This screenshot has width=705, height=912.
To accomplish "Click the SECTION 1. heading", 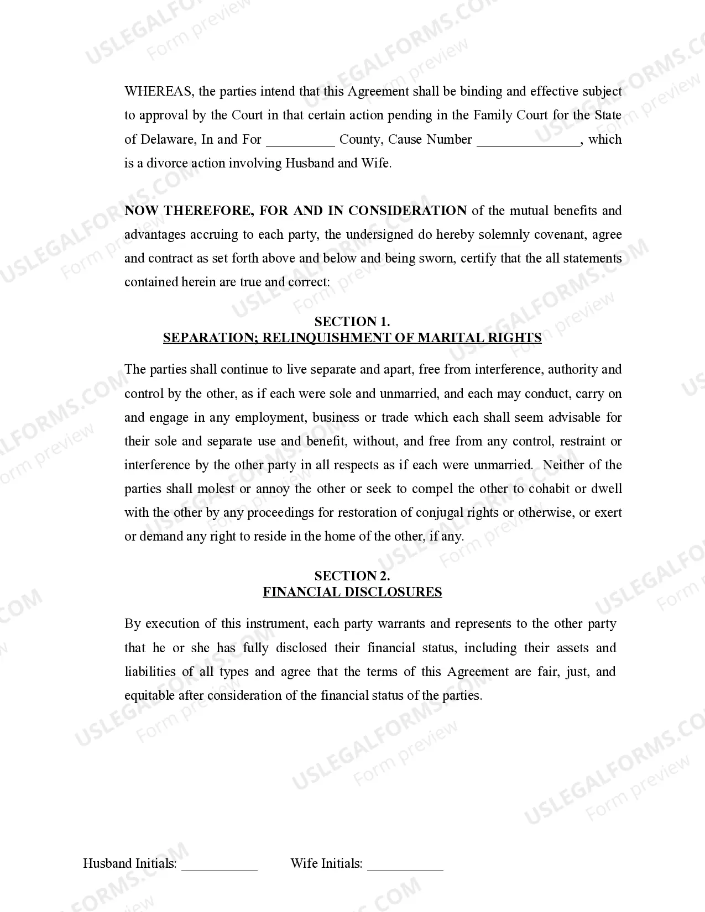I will pyautogui.click(x=352, y=322).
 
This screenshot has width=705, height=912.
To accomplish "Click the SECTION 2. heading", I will pyautogui.click(x=352, y=576).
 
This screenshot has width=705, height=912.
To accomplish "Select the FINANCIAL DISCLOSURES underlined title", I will pyautogui.click(x=352, y=592).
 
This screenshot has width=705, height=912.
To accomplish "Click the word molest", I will pyautogui.click(x=216, y=489).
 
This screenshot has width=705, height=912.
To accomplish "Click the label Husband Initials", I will pyautogui.click(x=130, y=863).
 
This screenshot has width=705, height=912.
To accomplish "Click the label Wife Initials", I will pyautogui.click(x=326, y=863).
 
